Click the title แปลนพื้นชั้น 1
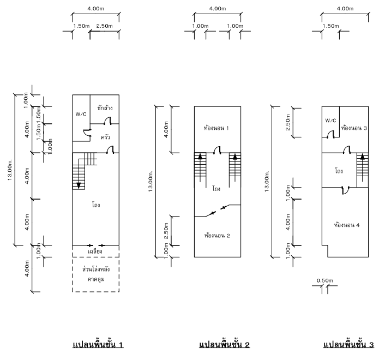98,344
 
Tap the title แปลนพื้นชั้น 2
225,344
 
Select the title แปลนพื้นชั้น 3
348,344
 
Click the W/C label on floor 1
81,114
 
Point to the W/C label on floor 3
330,121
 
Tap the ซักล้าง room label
105,108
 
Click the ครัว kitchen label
105,137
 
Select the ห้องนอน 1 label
216,128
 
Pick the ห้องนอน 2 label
217,236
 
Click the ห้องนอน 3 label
354,128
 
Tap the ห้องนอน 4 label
347,225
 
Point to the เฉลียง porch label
95,251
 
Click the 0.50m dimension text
325,280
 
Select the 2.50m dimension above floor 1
104,26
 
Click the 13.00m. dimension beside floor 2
151,181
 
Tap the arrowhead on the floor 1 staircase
79,185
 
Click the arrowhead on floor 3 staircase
363,157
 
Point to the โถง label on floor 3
339,171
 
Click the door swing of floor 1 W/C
87,133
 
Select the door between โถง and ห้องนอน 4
346,190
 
